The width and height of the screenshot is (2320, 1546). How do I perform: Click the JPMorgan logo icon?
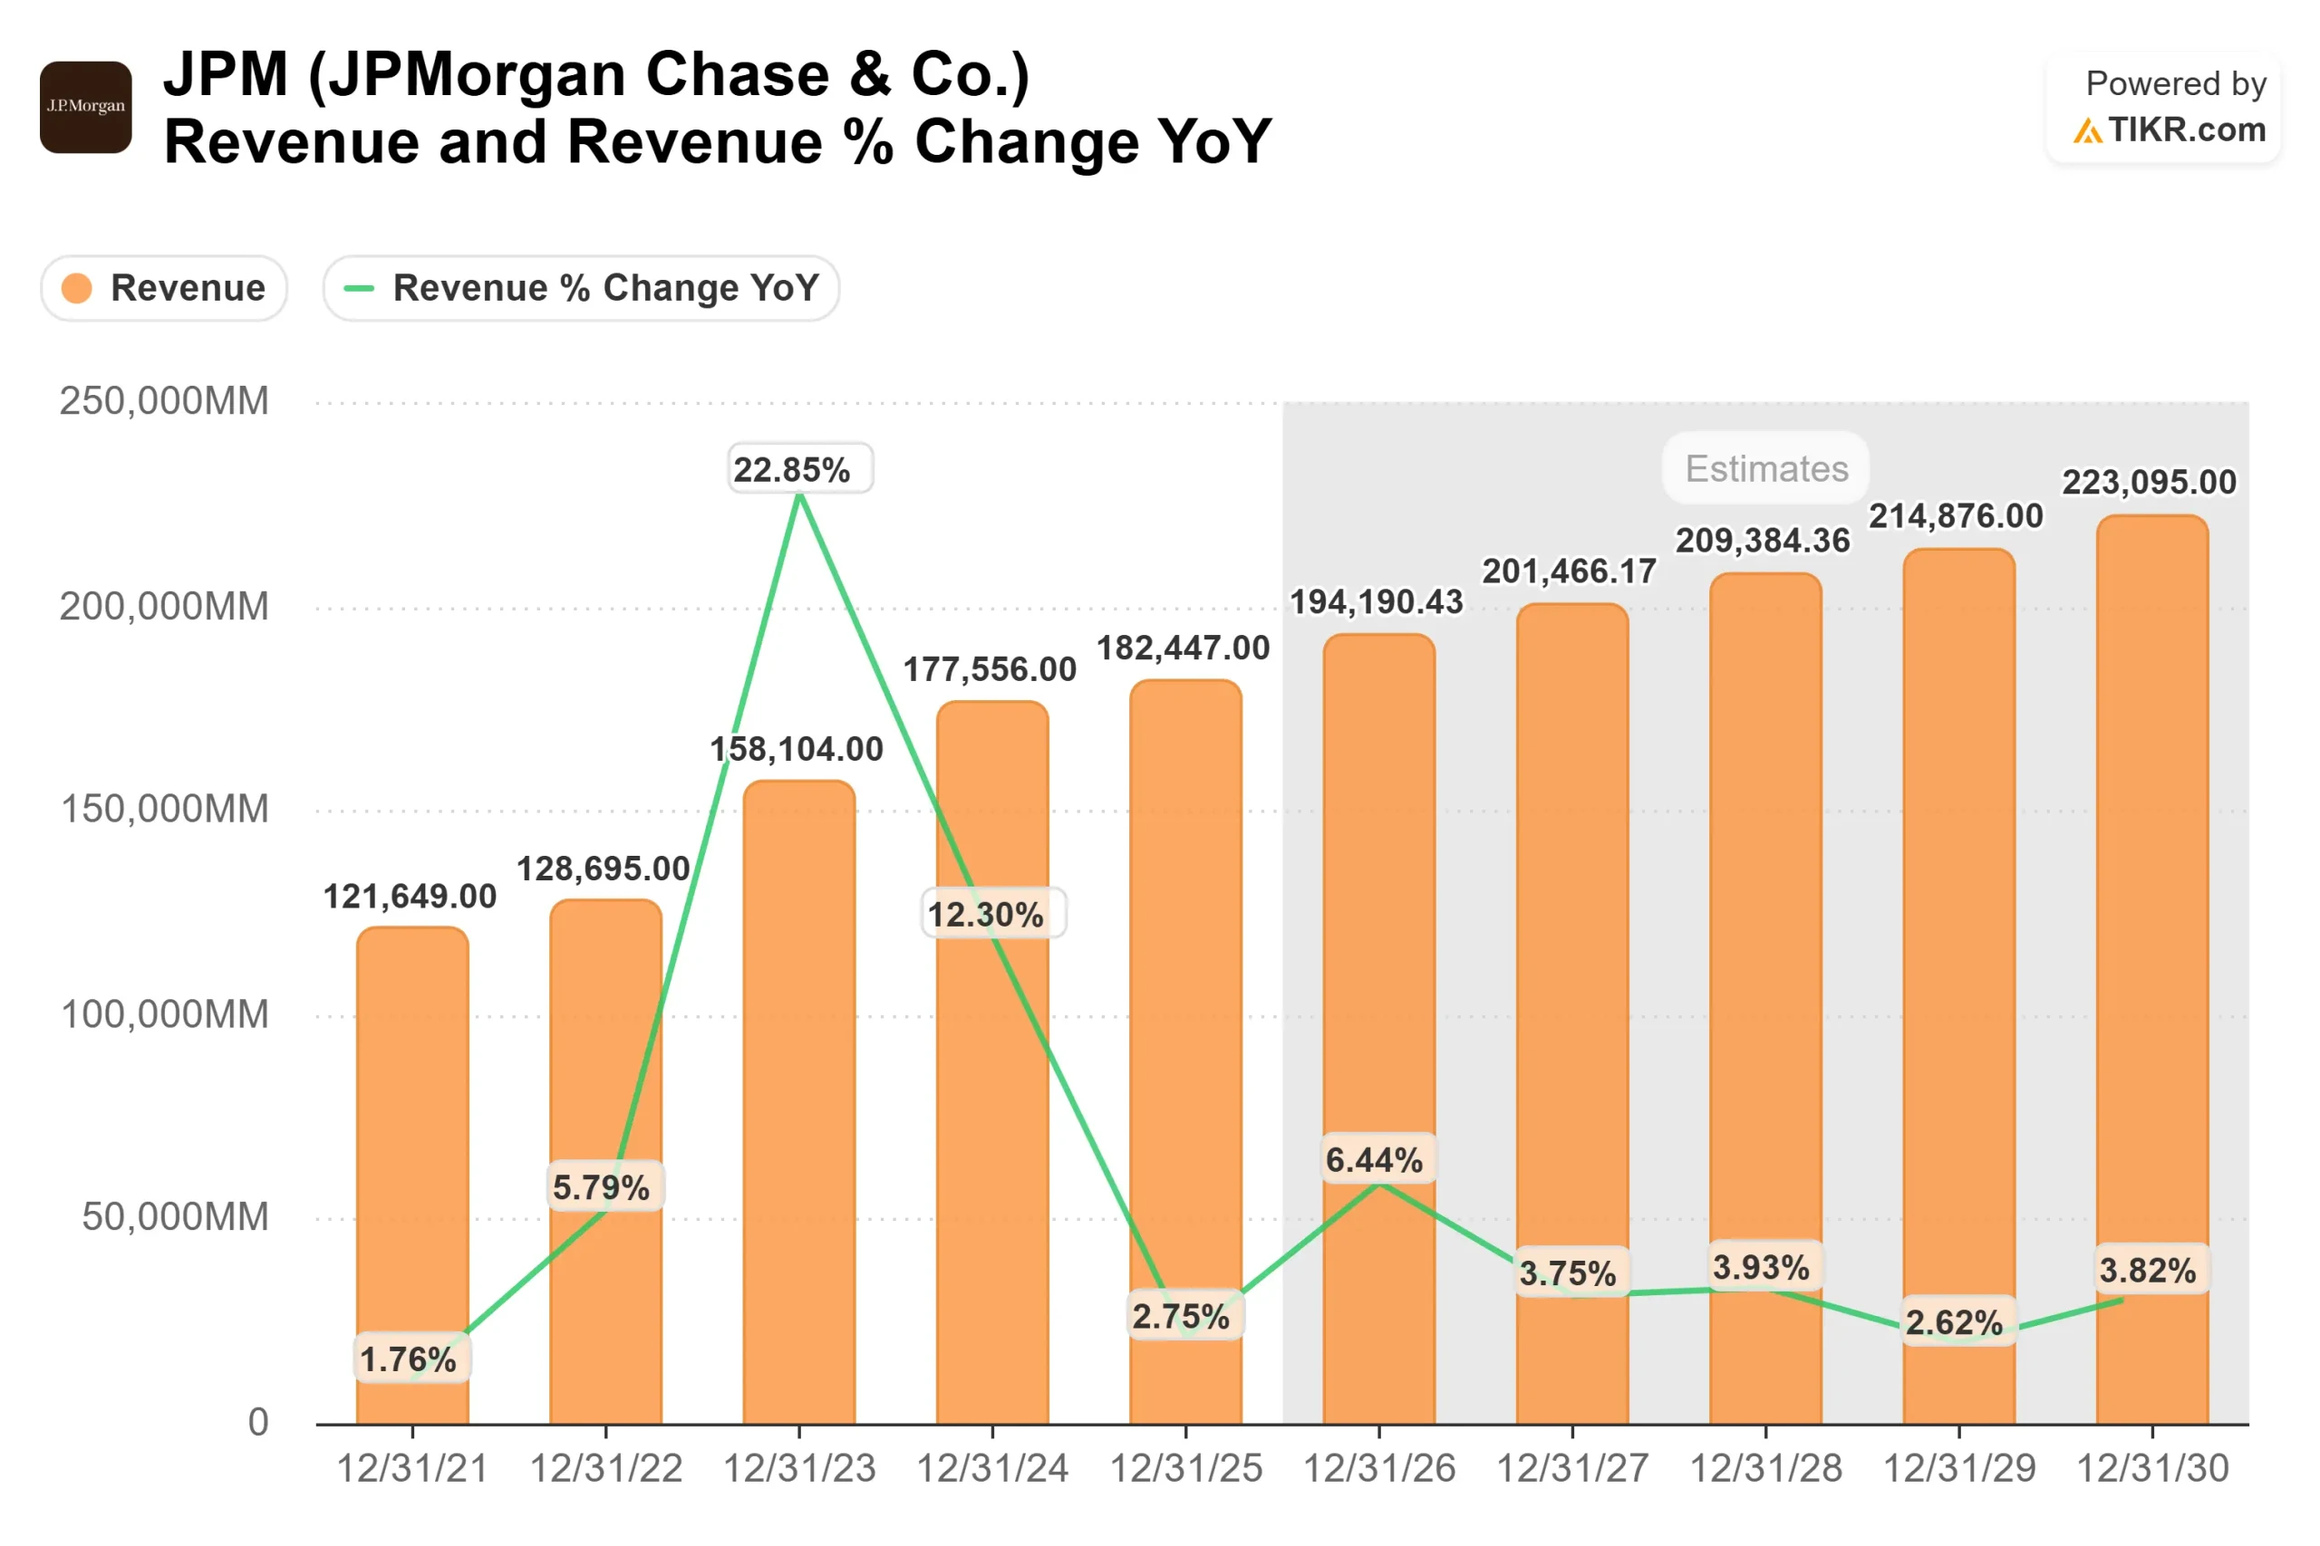(x=86, y=107)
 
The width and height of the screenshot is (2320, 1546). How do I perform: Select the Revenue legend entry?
(x=164, y=288)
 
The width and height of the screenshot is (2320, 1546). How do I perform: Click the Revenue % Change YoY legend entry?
(x=581, y=288)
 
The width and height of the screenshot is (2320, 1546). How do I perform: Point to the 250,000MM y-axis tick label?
(x=164, y=401)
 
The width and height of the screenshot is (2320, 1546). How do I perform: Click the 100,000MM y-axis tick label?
(x=164, y=1014)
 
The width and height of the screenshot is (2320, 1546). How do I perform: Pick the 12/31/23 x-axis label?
(x=799, y=1469)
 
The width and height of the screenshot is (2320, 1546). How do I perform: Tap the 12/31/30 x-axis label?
(x=2152, y=1469)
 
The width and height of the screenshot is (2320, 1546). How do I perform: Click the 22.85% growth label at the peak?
(x=791, y=469)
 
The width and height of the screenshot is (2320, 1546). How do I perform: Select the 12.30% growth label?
(x=984, y=914)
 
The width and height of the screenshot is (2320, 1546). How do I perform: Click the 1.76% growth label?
(x=409, y=1359)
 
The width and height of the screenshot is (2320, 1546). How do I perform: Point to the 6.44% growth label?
(x=1374, y=1159)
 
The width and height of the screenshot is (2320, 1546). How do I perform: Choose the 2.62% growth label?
(x=1954, y=1322)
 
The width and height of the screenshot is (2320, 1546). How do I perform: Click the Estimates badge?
(x=1765, y=468)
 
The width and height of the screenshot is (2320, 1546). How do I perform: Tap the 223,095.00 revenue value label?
(x=2149, y=482)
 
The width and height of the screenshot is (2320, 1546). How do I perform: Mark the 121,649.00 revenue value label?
(x=411, y=897)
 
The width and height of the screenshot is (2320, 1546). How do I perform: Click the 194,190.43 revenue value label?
(x=1376, y=601)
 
